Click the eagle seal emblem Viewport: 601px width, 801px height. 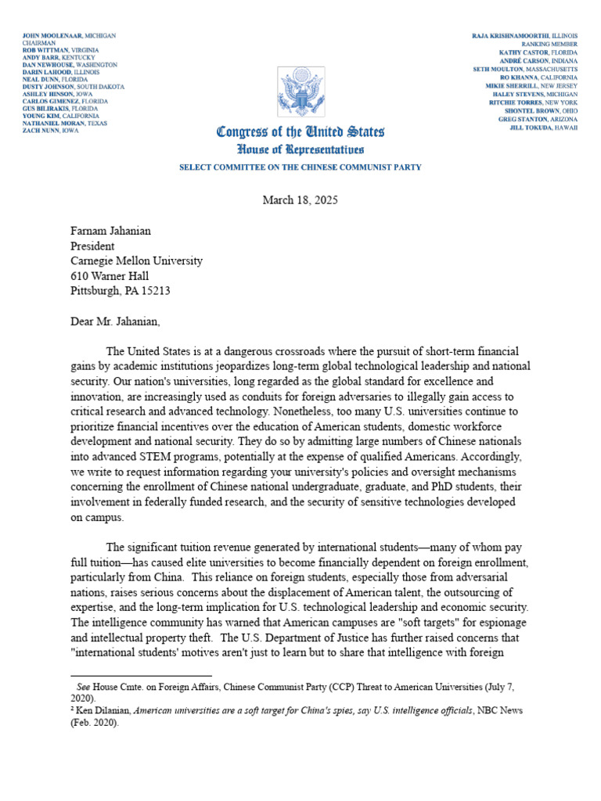[x=300, y=92]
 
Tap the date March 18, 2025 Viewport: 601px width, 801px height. [x=300, y=200]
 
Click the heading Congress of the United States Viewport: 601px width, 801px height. [x=300, y=132]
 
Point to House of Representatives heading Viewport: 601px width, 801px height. [x=300, y=149]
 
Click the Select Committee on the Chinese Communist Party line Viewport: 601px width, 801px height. [x=300, y=167]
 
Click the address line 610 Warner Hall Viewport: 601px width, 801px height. [x=109, y=275]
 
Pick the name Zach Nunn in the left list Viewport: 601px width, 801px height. [x=39, y=131]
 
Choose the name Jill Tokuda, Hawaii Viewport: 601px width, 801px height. [x=543, y=127]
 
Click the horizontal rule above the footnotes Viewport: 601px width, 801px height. [x=141, y=674]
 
